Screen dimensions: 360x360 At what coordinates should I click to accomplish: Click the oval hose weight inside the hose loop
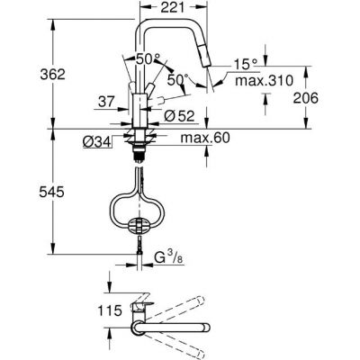coord(139,222)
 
